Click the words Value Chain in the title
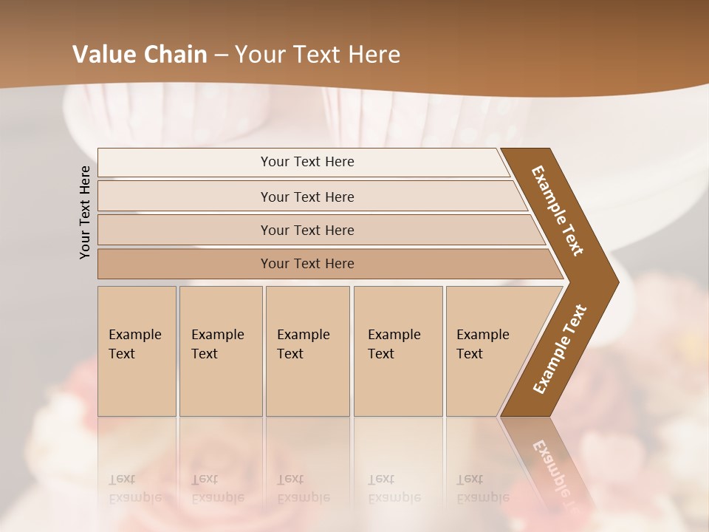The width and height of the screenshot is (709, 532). click(x=140, y=54)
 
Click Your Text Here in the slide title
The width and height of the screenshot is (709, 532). click(x=318, y=54)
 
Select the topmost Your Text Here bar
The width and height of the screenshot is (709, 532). click(x=307, y=162)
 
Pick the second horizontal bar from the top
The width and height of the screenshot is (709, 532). click(x=307, y=197)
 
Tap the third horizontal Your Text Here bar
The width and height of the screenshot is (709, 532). click(x=307, y=230)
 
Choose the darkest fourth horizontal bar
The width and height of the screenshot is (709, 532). click(x=307, y=264)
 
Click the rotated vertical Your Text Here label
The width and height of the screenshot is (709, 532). click(x=85, y=212)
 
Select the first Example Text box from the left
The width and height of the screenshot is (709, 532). click(x=137, y=351)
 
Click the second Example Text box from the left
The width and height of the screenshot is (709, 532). click(x=220, y=351)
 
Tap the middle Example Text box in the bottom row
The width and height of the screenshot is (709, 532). click(x=307, y=351)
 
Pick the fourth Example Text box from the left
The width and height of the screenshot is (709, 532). click(x=397, y=351)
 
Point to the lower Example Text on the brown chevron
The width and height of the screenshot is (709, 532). click(x=560, y=349)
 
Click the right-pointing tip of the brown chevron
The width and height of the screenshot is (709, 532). click(x=614, y=282)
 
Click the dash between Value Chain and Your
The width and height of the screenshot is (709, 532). click(x=221, y=55)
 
